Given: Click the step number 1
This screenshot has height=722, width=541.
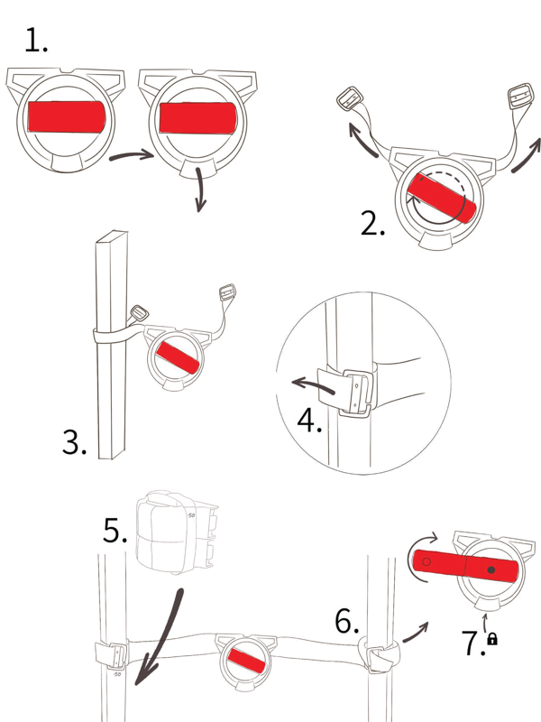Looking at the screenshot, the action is [x=36, y=40].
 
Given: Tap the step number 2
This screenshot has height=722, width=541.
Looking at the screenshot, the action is [x=372, y=224].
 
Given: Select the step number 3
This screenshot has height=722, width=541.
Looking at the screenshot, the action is [x=74, y=442].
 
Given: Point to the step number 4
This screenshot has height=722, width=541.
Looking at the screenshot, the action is [x=309, y=421].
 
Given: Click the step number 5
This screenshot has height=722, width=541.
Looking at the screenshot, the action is [x=115, y=530].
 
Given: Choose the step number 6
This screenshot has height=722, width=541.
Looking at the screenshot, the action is [x=347, y=621].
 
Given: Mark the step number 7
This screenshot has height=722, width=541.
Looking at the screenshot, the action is [x=473, y=643].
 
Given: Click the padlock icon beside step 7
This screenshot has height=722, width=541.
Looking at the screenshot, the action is [x=492, y=639].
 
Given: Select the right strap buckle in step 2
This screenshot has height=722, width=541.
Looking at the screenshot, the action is [x=521, y=97].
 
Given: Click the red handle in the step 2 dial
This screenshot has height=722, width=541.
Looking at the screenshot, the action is [x=442, y=197].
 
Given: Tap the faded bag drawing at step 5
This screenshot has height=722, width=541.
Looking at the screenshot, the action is [x=177, y=532].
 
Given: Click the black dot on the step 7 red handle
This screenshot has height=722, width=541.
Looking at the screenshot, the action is [x=491, y=570].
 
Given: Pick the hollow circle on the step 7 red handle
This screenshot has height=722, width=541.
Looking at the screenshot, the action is [x=426, y=561].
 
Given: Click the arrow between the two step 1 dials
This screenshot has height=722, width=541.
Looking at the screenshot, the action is [x=132, y=155].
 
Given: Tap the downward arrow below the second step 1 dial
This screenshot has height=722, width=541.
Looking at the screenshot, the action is [x=199, y=190].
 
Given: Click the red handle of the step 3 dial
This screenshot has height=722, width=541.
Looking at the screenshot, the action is [x=178, y=357].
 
